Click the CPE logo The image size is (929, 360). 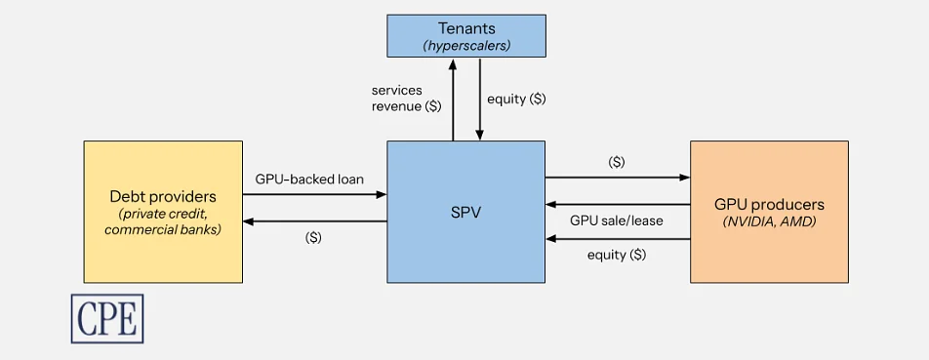107,319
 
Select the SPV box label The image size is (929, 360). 465,213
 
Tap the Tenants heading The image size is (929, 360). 466,28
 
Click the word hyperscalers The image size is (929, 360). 466,46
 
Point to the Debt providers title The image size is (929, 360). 163,196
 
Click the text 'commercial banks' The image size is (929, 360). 163,229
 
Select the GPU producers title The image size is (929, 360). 769,205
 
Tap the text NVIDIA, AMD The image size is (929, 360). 769,222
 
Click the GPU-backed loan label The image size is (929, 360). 309,179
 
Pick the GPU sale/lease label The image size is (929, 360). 616,220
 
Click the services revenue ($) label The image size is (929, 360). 406,99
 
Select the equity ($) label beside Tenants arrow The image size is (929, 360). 516,100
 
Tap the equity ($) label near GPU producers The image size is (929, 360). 617,256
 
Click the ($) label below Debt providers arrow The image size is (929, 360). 313,238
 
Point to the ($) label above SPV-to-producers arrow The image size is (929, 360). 617,162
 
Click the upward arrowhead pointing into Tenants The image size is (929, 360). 453,62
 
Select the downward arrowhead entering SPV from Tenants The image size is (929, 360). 479,137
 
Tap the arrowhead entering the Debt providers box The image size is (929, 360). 248,221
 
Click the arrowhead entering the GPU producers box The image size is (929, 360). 685,177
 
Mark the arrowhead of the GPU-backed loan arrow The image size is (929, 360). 382,193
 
